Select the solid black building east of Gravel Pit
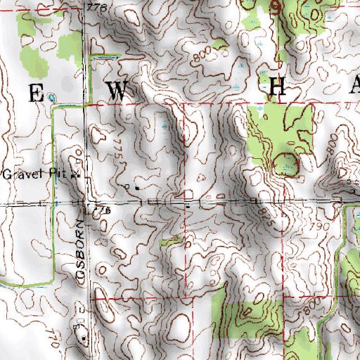click(x=136, y=188)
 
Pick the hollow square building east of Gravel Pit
click(x=127, y=186)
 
